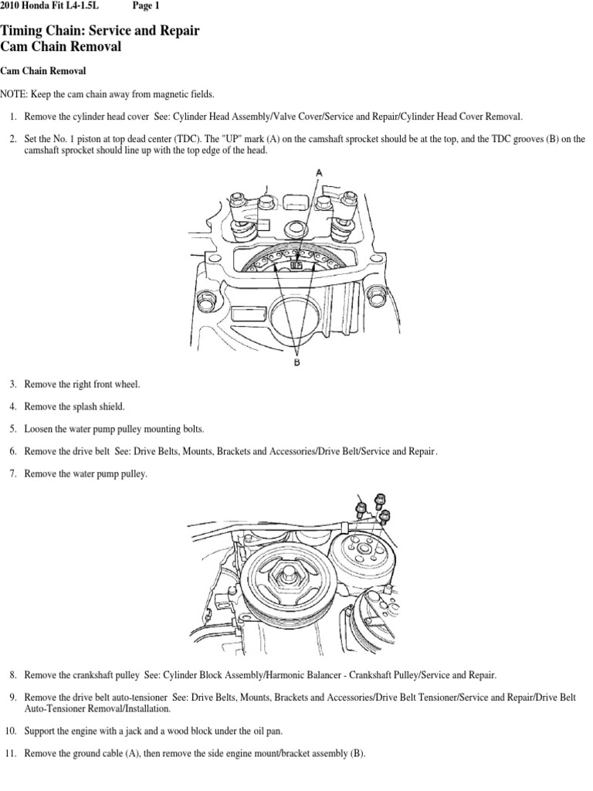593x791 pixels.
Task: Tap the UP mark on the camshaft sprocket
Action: click(296, 264)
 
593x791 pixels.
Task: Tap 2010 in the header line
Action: click(12, 6)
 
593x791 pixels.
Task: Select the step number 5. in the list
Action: click(13, 428)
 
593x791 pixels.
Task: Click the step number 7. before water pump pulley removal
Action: click(13, 474)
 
